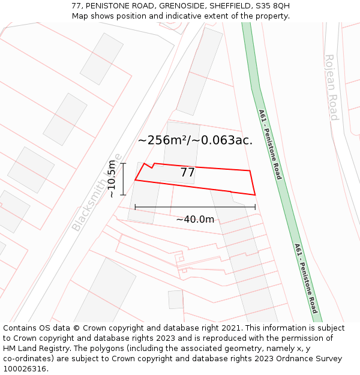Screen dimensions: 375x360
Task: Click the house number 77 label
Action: (x=188, y=173)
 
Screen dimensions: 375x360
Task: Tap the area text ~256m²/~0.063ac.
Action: (x=195, y=140)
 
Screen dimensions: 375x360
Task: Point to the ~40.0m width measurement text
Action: (x=195, y=220)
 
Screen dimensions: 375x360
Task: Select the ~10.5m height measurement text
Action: (x=112, y=179)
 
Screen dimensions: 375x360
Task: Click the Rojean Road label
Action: (x=332, y=87)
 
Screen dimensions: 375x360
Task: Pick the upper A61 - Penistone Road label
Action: (x=270, y=144)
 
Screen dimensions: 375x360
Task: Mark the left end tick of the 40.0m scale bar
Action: (x=136, y=207)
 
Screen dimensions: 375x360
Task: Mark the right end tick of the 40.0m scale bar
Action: (x=255, y=207)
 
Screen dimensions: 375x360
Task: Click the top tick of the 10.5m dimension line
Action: (x=123, y=163)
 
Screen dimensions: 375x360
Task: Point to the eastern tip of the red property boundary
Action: (x=256, y=194)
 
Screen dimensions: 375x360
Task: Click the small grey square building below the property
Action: (x=176, y=299)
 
